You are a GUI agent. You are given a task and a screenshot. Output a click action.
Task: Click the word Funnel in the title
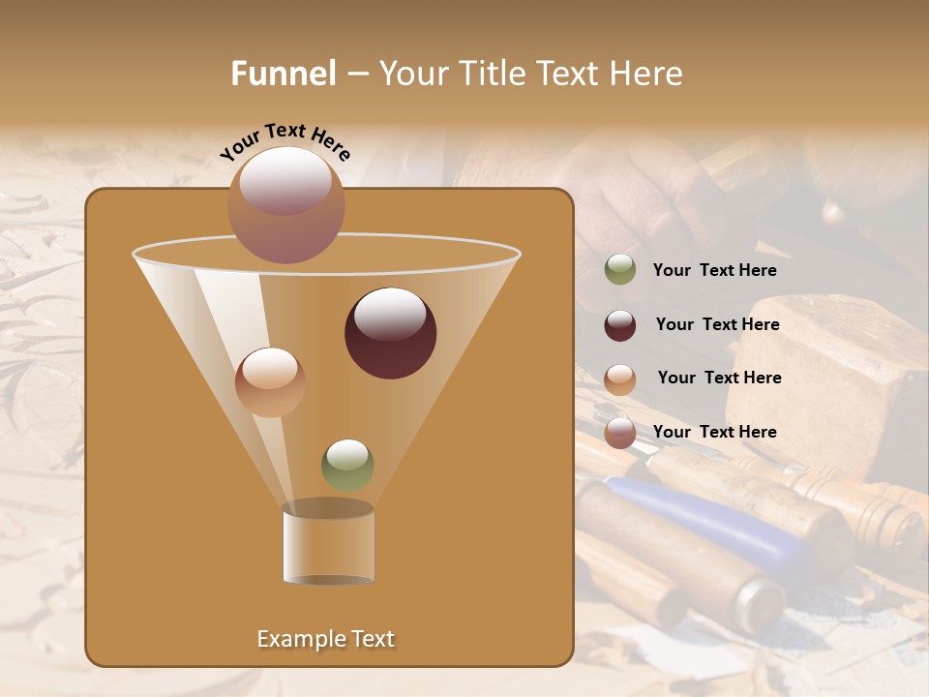283,74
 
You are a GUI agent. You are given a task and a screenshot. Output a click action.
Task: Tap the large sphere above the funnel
285,204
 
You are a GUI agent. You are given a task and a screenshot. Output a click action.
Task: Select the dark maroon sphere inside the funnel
390,332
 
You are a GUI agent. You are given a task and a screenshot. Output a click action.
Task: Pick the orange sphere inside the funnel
270,382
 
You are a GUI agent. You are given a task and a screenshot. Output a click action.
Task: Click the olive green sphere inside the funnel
347,465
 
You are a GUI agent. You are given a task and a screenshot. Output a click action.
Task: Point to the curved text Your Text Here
285,141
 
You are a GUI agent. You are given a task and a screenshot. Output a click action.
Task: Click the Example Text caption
326,639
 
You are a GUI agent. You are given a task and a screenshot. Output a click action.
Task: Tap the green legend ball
620,270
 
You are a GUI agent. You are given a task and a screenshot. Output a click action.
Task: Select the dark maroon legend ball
620,325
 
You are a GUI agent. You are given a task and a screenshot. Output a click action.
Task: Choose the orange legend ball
620,379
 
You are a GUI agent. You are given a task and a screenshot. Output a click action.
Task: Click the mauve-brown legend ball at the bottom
620,433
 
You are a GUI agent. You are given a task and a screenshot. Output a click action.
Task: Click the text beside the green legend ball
714,271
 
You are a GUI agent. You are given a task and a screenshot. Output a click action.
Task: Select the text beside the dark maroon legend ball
717,325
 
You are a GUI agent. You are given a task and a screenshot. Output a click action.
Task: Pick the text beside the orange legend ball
719,379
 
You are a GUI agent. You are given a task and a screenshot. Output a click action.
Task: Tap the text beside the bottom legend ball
714,432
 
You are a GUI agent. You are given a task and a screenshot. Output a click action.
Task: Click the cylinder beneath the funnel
328,544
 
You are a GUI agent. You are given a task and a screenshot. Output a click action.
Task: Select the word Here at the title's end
646,74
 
